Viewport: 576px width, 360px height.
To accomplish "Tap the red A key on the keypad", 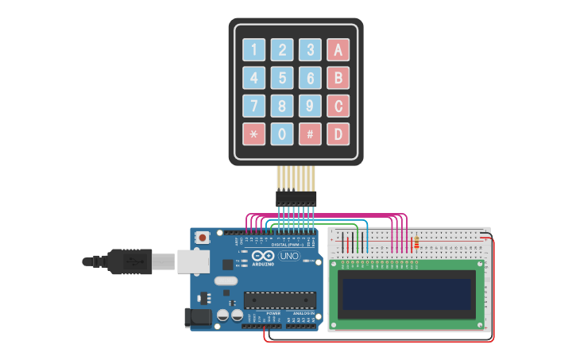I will pos(338,50).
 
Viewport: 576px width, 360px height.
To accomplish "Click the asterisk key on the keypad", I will pos(253,134).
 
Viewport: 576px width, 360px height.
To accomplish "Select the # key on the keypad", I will pos(310,134).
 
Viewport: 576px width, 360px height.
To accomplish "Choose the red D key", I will pos(338,134).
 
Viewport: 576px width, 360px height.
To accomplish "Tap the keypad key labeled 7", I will pos(253,106).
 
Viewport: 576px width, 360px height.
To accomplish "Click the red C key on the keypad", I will pos(338,106).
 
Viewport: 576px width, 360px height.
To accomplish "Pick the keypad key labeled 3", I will pos(310,50).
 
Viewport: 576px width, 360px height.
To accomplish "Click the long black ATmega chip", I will pos(280,300).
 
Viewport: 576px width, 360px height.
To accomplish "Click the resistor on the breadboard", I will pos(416,242).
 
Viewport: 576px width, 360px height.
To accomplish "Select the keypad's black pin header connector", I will pos(296,198).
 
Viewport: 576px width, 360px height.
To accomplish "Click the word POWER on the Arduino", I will pos(273,313).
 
